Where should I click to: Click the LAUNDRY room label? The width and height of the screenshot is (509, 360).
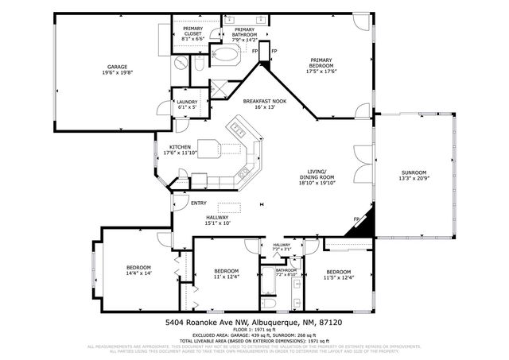click(187, 103)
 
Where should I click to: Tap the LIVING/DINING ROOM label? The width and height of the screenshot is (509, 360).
click(316, 176)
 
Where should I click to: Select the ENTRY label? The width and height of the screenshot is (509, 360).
click(199, 203)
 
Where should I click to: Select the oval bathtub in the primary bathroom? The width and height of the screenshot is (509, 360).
click(226, 56)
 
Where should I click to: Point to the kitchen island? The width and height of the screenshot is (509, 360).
click(212, 148)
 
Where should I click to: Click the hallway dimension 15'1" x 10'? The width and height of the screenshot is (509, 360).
click(217, 223)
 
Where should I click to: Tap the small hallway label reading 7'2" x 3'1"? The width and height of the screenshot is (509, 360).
click(282, 250)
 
